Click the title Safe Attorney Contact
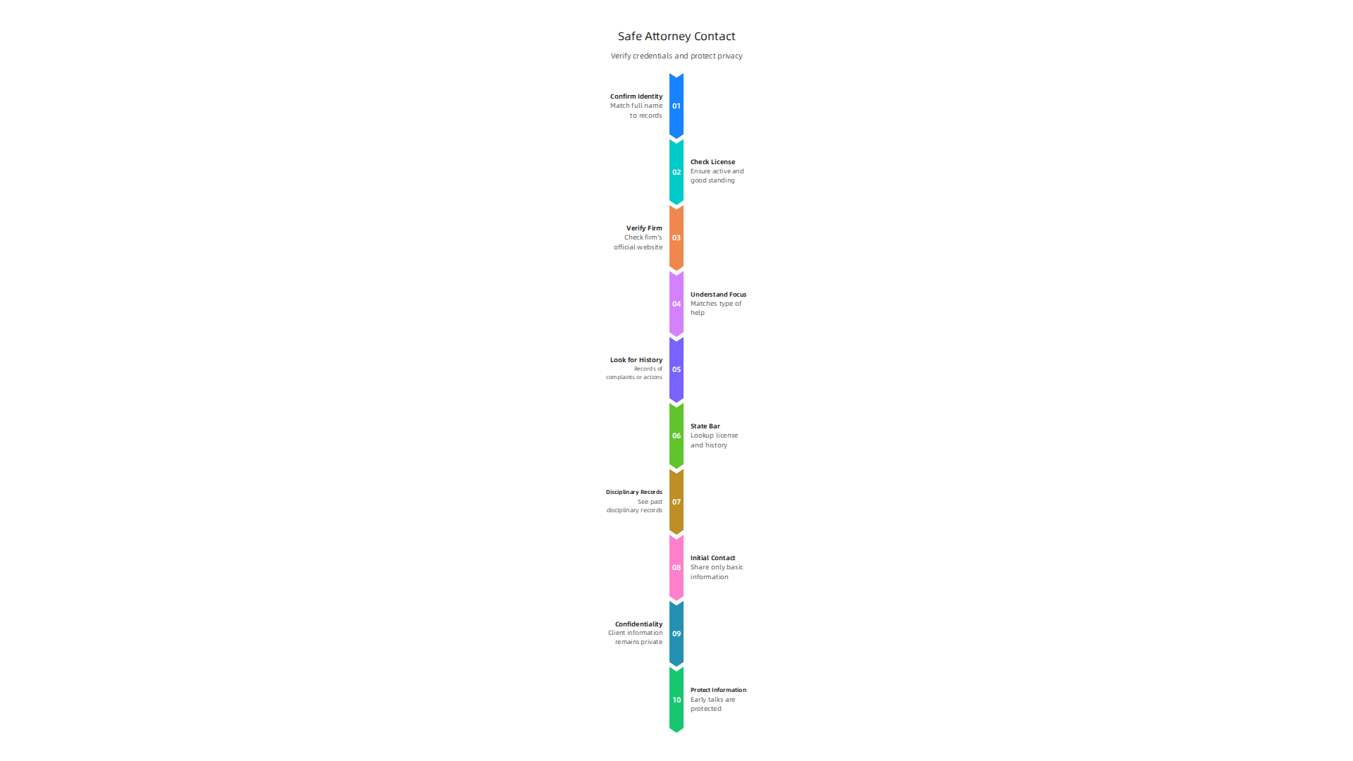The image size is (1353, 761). pos(676,37)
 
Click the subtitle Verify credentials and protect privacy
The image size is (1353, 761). pos(676,56)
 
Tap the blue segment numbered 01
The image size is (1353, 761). pos(676,106)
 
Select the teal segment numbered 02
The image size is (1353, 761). pos(676,172)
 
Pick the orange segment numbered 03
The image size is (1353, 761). pos(676,238)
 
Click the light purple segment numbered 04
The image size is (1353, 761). pos(676,304)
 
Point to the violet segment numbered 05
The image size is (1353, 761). pos(676,370)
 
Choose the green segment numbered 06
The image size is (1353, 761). pos(676,435)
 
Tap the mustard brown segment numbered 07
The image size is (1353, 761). pos(676,502)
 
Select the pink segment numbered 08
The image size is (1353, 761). pos(676,568)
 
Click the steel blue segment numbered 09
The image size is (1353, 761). pos(676,633)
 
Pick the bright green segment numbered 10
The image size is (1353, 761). pos(676,700)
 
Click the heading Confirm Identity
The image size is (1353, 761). pos(636,97)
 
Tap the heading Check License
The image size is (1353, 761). pos(712,162)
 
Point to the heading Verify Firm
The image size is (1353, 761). pos(644,228)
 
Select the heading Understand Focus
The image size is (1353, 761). pos(718,295)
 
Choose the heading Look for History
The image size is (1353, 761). pos(636,360)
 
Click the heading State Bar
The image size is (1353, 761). pos(705,426)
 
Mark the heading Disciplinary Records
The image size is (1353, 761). pos(634,492)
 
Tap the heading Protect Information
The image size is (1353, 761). pos(718,690)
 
